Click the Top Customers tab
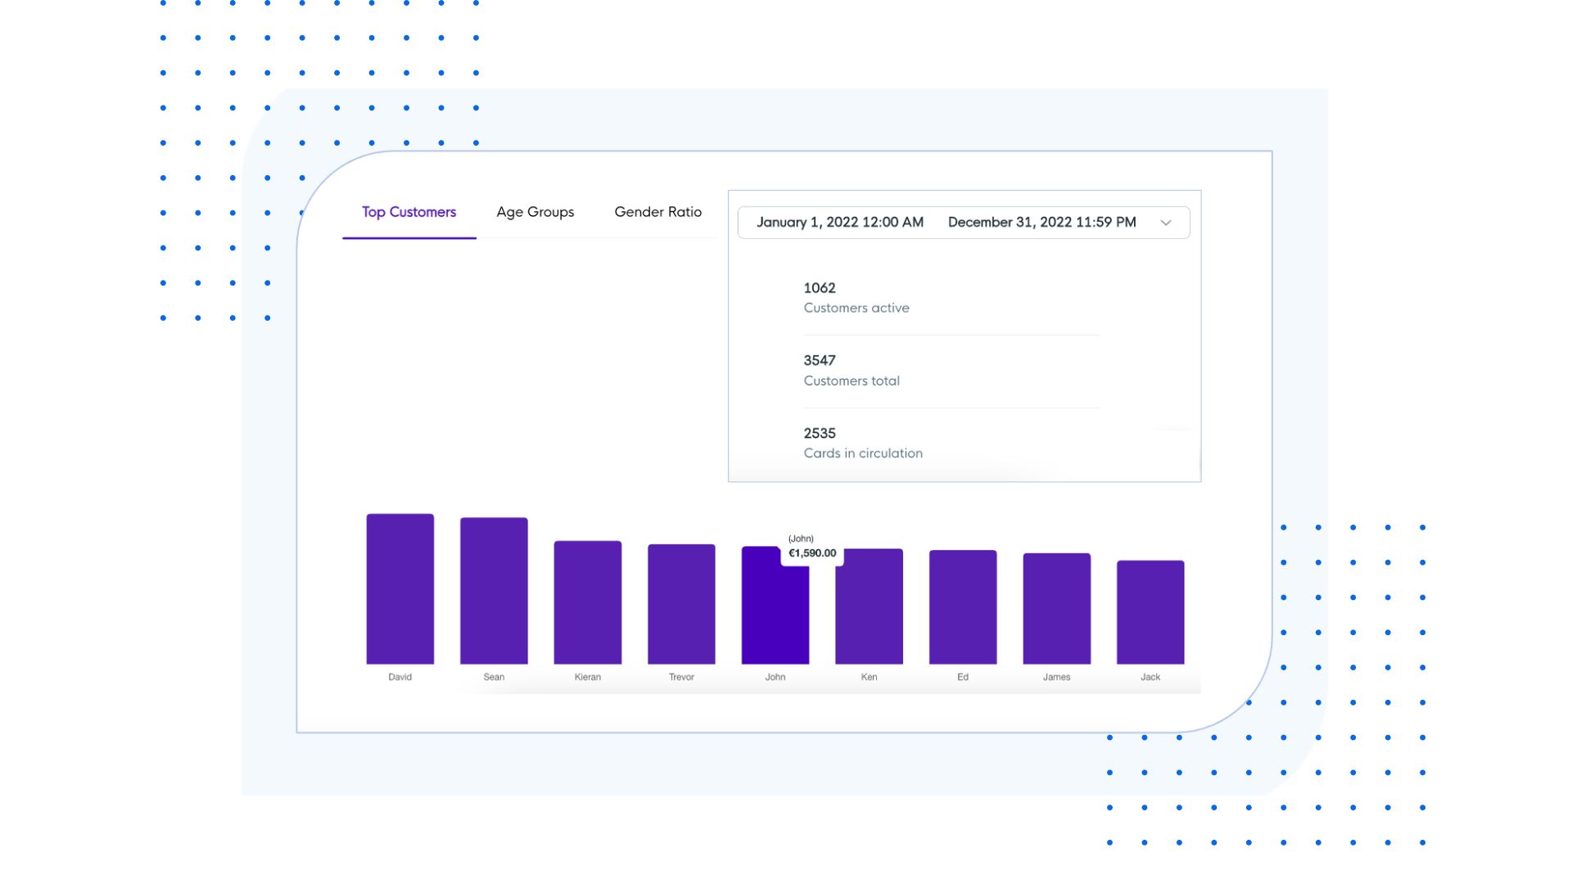point(409,212)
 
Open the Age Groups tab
point(535,212)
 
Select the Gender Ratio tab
point(657,212)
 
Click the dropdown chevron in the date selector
point(1165,223)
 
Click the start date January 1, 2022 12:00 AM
point(839,223)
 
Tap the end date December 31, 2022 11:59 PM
point(1041,223)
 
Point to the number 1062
point(820,288)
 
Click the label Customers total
point(851,381)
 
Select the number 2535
point(820,433)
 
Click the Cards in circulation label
point(863,453)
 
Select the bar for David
point(400,589)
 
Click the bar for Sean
point(494,591)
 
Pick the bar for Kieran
point(587,602)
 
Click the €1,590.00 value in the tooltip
point(812,553)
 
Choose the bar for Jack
point(1150,612)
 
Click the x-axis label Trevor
point(681,677)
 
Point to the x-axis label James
point(1056,677)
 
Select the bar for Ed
point(962,607)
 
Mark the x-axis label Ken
point(869,677)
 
